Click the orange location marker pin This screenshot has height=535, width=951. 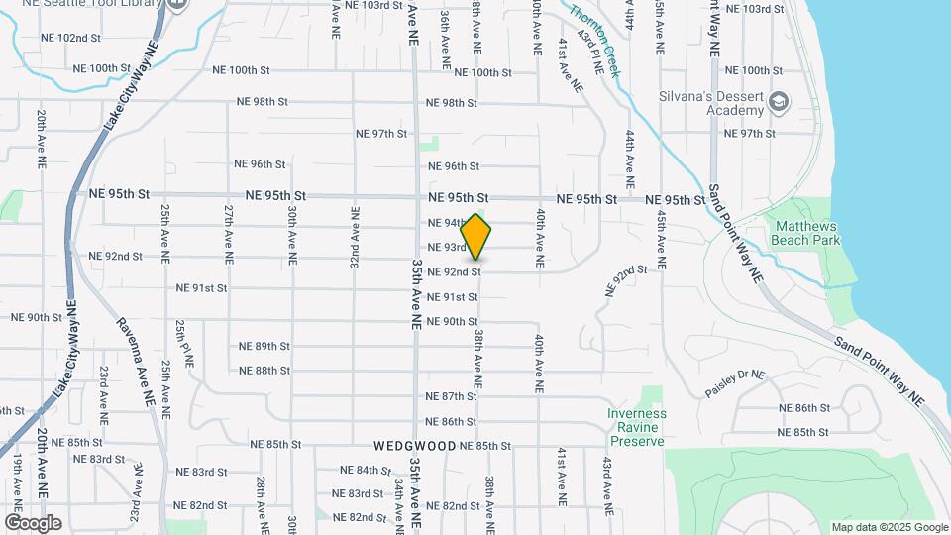point(476,237)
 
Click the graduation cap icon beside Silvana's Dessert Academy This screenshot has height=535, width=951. point(780,101)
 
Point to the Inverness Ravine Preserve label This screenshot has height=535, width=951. point(637,427)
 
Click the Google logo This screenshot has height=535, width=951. point(33,523)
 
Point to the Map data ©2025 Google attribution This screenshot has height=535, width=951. point(889,527)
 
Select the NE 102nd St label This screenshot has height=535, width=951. point(71,38)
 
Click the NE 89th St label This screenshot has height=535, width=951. point(264,346)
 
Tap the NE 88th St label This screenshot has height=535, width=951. point(264,371)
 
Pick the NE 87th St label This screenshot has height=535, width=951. point(451,396)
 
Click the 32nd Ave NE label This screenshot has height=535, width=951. point(354,236)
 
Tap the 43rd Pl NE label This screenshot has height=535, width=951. point(597,58)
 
